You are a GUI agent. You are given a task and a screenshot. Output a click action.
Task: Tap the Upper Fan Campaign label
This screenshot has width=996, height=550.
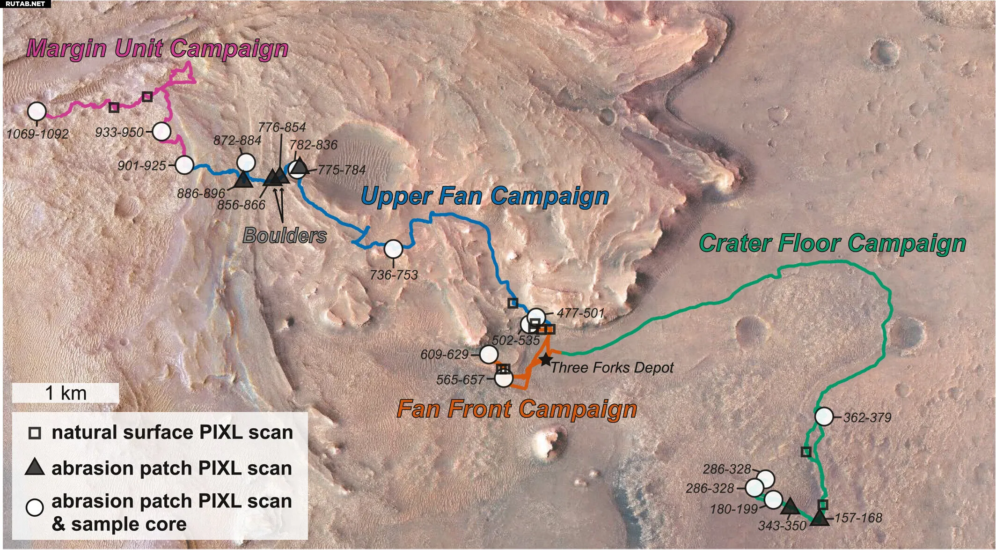pos(485,197)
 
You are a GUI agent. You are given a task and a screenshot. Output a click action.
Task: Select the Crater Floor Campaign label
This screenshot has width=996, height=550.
pos(833,244)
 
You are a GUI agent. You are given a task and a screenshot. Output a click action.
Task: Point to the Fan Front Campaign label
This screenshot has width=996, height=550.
pos(517,409)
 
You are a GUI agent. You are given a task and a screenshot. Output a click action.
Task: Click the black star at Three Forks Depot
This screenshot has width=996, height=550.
pos(546,360)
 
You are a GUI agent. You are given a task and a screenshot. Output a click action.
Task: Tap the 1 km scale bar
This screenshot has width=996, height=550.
pos(66,393)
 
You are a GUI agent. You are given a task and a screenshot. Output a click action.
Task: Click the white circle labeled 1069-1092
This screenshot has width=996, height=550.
pos(37,111)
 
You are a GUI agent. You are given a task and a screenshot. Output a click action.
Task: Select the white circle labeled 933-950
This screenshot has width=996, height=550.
pos(161,132)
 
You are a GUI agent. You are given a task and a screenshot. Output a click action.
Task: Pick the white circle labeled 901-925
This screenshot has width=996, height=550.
pos(184,165)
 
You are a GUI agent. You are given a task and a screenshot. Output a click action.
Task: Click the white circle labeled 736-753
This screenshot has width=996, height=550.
pos(394,249)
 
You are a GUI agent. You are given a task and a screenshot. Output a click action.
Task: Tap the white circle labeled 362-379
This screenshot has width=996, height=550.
pos(824,416)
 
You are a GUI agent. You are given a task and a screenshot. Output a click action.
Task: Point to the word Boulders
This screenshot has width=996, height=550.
pos(285,236)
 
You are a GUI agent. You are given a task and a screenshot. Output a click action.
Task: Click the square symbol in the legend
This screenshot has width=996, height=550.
pos(35,433)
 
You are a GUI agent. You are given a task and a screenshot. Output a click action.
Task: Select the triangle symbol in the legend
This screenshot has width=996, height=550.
pos(35,468)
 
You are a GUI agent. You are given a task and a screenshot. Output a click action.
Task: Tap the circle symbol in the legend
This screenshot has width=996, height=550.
pos(35,507)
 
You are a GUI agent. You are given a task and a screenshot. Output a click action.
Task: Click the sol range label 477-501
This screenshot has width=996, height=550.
pos(580,313)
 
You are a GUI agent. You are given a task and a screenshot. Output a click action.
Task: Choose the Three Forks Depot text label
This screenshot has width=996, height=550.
pos(612,368)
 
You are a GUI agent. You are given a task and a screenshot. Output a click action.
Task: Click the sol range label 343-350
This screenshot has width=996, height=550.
pos(782,526)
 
